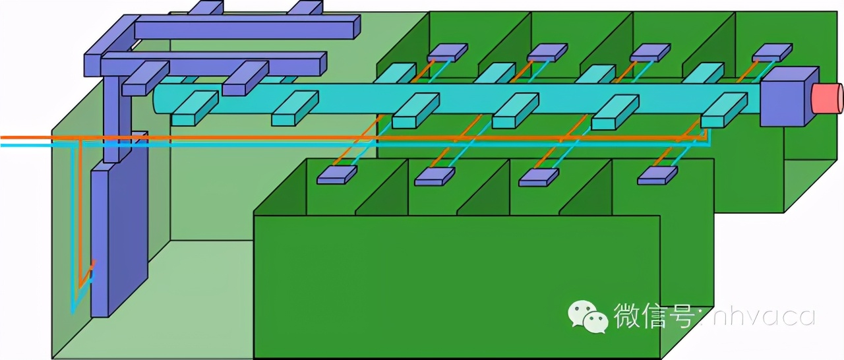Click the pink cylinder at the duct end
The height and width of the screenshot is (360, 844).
tap(828, 98)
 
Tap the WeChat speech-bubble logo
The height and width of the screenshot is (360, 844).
tap(589, 317)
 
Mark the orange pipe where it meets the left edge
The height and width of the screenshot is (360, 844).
tap(2, 137)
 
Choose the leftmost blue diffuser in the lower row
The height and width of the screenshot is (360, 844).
tap(336, 175)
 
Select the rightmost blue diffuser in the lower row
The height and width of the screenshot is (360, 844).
tap(657, 175)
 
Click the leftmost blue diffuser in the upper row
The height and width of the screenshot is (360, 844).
tap(447, 53)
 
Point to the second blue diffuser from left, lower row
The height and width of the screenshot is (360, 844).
tap(434, 177)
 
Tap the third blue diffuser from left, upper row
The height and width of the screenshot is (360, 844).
tap(649, 53)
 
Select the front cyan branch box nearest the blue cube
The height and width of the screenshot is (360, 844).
tap(723, 110)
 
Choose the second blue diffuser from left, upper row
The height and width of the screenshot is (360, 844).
tap(547, 53)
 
